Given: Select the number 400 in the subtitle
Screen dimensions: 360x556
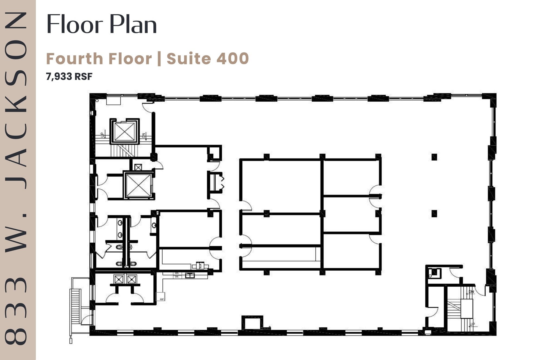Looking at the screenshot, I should tap(233, 59).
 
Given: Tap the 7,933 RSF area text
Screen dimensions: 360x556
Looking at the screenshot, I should tap(69, 77).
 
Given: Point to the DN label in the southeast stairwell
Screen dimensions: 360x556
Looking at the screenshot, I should tap(471, 292).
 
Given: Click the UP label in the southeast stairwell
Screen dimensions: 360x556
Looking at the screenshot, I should tap(473, 324).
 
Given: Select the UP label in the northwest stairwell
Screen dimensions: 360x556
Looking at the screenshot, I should tap(103, 135).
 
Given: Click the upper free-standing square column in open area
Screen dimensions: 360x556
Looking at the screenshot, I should tap(434, 157).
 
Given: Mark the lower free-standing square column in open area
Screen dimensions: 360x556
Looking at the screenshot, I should tap(434, 214).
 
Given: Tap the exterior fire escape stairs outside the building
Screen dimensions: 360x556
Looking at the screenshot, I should tap(75, 306).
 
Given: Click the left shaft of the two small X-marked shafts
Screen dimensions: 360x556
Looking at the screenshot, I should tap(119, 279).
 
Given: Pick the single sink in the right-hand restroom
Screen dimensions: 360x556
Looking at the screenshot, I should tap(154, 225).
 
